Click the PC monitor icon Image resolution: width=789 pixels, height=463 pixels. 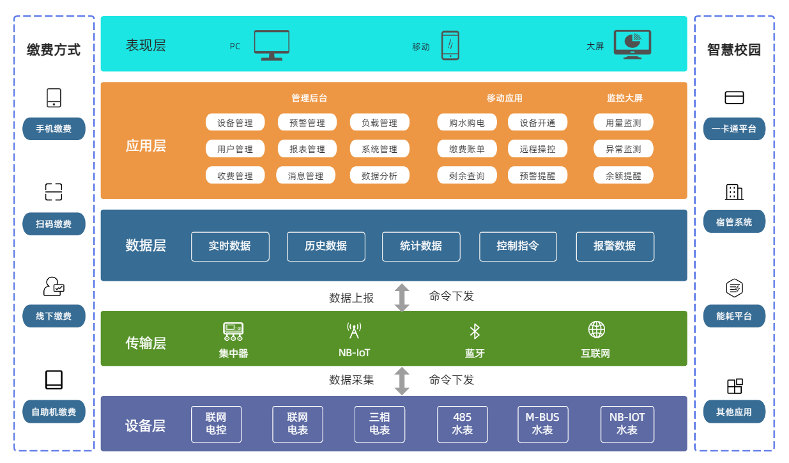tap(272, 45)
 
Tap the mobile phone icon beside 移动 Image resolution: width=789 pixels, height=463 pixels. tap(450, 45)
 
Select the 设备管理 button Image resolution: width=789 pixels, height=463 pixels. tap(234, 123)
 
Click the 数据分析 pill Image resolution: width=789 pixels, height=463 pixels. tap(379, 176)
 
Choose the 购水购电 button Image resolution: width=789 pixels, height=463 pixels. tap(466, 123)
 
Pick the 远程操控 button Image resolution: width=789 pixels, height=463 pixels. tap(537, 149)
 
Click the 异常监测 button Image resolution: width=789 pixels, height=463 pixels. tap(623, 149)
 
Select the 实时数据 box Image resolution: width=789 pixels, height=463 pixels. tap(230, 246)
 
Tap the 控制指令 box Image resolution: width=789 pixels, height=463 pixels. tap(517, 246)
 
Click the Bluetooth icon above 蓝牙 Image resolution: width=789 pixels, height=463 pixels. tap(475, 331)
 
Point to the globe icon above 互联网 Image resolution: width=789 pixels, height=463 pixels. tap(596, 330)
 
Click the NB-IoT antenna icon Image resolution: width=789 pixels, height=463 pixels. tap(354, 331)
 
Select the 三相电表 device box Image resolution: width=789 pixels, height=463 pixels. tap(379, 424)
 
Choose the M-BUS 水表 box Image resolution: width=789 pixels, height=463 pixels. tap(542, 424)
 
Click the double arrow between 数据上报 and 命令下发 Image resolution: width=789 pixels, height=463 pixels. tap(402, 297)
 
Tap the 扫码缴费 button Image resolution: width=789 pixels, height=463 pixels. tap(54, 224)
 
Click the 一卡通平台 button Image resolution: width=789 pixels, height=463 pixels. tap(734, 129)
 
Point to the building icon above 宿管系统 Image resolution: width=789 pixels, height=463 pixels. tap(734, 192)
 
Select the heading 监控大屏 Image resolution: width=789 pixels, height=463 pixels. tap(624, 98)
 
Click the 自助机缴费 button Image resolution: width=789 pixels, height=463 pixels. tap(54, 412)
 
